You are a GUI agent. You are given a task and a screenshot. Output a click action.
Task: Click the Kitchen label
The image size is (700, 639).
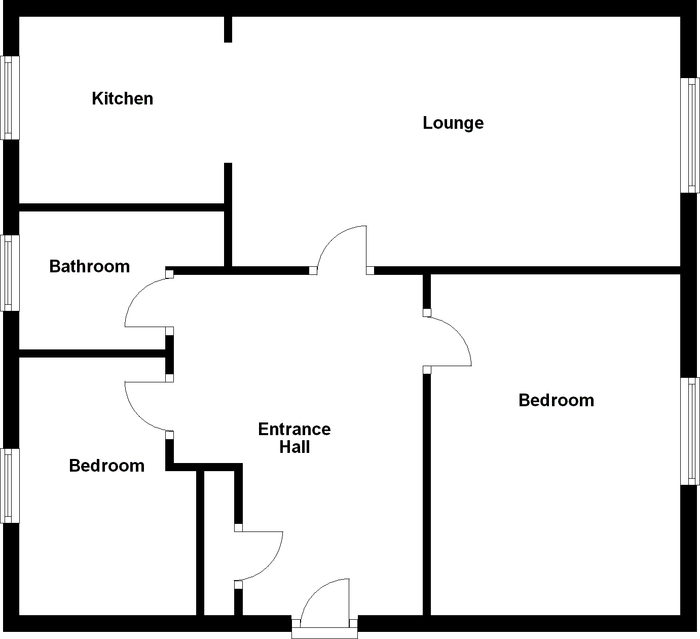click(122, 98)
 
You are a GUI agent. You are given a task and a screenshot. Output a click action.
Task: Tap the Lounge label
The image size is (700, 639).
click(453, 123)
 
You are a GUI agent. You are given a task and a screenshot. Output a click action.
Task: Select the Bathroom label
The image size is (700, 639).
click(89, 267)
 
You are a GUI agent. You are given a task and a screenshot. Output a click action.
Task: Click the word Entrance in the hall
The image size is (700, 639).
click(294, 430)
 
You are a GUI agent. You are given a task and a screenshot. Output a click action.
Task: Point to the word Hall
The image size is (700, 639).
click(294, 447)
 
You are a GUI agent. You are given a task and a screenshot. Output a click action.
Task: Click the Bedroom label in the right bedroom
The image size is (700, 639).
click(556, 401)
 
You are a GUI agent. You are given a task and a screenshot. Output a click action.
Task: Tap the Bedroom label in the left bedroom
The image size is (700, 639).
click(106, 466)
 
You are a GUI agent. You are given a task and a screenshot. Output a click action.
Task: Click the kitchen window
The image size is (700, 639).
click(10, 97)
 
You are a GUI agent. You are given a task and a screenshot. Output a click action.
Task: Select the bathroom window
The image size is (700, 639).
click(10, 273)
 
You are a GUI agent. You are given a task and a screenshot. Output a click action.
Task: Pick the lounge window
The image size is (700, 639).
click(690, 135)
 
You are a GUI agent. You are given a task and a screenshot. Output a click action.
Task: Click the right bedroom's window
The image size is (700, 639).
click(690, 431)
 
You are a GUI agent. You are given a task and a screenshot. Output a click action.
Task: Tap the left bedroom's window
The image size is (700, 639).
click(10, 486)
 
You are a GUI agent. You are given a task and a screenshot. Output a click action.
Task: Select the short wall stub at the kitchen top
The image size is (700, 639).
click(228, 29)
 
